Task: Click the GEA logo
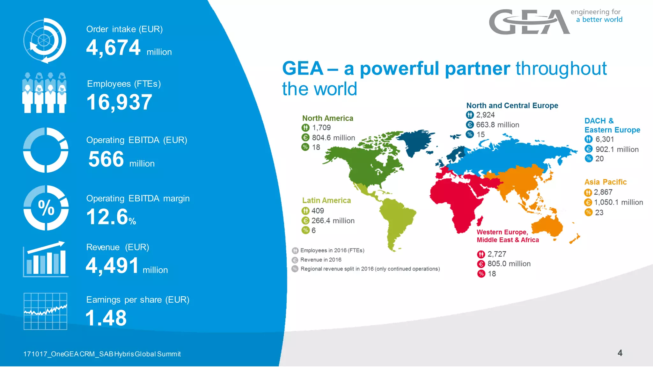(x=529, y=22)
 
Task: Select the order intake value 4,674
(x=113, y=48)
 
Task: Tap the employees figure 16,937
(x=119, y=102)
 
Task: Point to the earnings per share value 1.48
(x=106, y=318)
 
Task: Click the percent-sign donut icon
(x=46, y=208)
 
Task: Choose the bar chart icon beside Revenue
(x=45, y=259)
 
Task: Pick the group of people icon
(x=44, y=93)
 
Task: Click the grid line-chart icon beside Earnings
(x=45, y=311)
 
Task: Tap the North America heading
(x=327, y=118)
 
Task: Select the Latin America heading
(x=326, y=200)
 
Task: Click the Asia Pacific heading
(x=605, y=182)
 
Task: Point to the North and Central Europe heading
(x=512, y=105)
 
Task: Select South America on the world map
(x=397, y=220)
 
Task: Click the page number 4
(x=620, y=353)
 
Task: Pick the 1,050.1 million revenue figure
(x=618, y=202)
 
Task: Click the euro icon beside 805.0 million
(x=481, y=264)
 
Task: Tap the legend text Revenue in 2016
(x=320, y=260)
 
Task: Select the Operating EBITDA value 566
(x=106, y=159)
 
